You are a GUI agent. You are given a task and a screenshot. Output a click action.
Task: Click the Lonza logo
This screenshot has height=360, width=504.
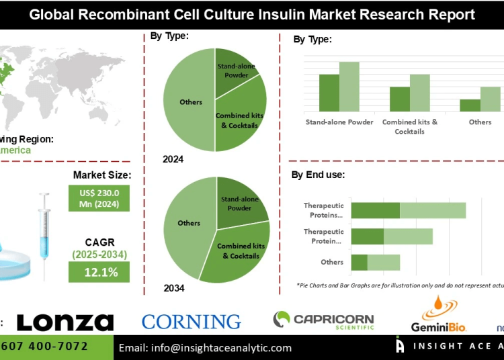pos(65,322)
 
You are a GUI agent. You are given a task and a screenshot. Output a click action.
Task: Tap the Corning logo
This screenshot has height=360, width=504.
pos(191,322)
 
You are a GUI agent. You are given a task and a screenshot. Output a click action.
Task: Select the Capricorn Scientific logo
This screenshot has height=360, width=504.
pos(323,320)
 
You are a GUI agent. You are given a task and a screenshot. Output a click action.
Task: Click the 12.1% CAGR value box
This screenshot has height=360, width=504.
pos(99,272)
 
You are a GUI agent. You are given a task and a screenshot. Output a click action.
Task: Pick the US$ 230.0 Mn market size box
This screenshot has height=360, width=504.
pos(99,198)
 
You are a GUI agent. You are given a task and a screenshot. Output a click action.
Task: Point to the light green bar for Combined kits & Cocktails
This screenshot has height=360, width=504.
pos(419,93)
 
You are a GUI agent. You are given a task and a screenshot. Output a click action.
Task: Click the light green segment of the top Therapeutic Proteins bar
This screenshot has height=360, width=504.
pos(432,210)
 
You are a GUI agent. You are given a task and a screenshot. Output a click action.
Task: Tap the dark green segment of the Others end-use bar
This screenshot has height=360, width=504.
pos(359,262)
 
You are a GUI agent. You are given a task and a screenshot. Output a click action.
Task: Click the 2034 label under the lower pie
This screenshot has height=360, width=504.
pos(173,288)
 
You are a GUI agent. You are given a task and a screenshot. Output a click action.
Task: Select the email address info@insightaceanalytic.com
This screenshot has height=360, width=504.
pos(205,348)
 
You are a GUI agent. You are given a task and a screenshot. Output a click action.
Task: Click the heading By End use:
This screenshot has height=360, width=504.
pos(318,175)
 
